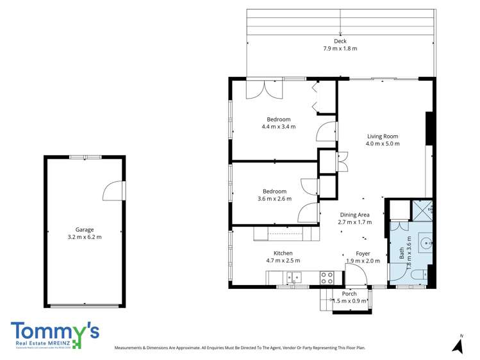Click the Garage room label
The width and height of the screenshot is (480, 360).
pyautogui.click(x=85, y=229)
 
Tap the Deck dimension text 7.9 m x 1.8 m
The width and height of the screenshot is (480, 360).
pyautogui.click(x=340, y=49)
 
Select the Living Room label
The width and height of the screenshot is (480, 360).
pyautogui.click(x=383, y=136)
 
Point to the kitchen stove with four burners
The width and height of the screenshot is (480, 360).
pyautogui.click(x=327, y=277)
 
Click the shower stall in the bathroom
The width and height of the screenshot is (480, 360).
pyautogui.click(x=423, y=209)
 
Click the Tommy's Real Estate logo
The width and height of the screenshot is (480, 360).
pyautogui.click(x=55, y=335)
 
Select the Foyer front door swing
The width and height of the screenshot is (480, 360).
pyautogui.click(x=356, y=276)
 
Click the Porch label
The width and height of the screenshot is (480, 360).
pyautogui.click(x=349, y=294)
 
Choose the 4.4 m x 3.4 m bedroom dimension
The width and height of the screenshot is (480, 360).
pyautogui.click(x=279, y=127)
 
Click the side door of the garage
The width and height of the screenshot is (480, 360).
pyautogui.click(x=114, y=190)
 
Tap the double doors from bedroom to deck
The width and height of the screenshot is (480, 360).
pyautogui.click(x=263, y=88)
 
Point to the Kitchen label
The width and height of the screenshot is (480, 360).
pyautogui.click(x=283, y=253)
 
